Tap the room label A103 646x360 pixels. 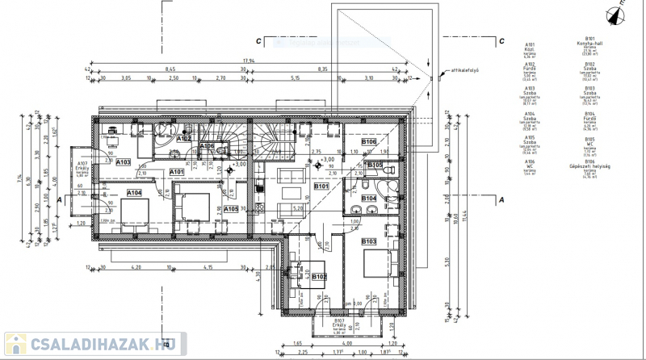[123, 161]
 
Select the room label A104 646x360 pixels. [135, 193]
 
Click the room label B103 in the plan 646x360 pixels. [369, 241]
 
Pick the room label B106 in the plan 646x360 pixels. [368, 142]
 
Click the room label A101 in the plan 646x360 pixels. [177, 171]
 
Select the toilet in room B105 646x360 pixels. [388, 169]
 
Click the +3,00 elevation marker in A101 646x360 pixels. [238, 164]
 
